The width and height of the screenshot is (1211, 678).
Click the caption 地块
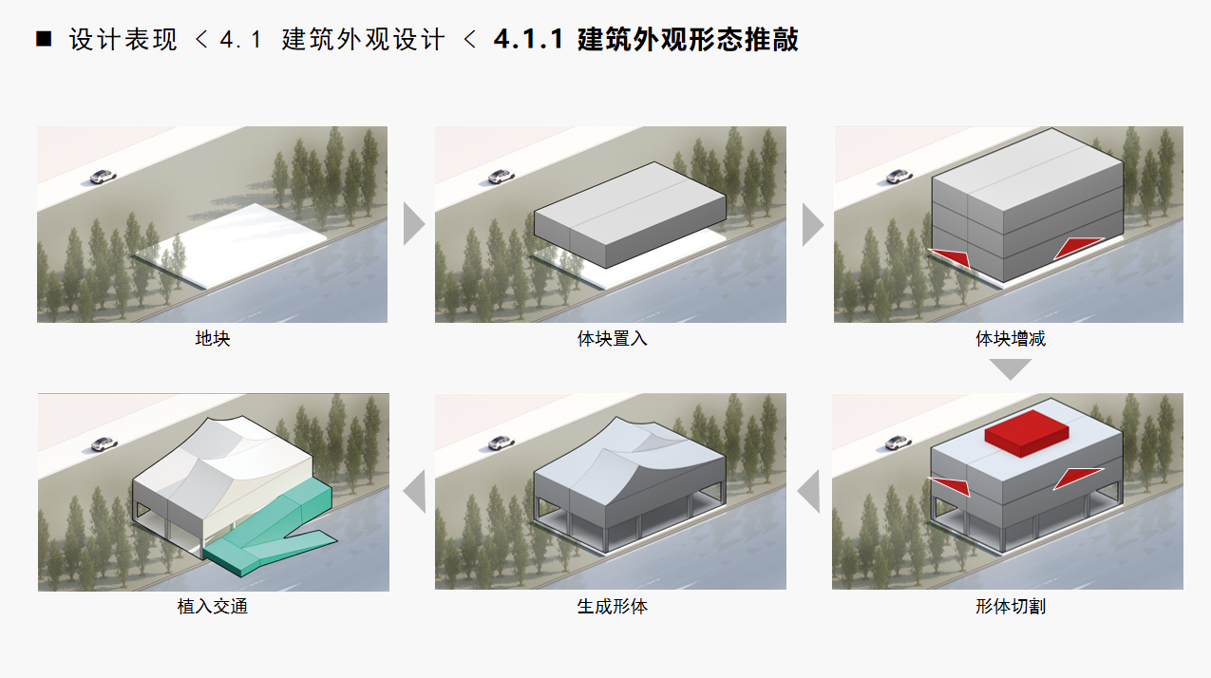click(x=212, y=338)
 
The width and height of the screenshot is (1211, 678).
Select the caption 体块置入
click(x=612, y=338)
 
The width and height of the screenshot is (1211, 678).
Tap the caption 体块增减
click(x=1010, y=338)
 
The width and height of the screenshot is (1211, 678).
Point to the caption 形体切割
click(x=1010, y=606)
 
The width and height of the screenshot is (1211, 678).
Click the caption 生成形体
click(x=612, y=606)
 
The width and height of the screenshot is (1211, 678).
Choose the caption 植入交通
click(x=212, y=606)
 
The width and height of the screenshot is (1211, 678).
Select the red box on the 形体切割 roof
click(x=1027, y=431)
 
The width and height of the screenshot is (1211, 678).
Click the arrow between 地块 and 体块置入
click(x=413, y=224)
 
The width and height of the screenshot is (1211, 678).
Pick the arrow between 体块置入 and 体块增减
click(x=812, y=224)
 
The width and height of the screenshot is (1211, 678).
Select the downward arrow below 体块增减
click(x=1010, y=368)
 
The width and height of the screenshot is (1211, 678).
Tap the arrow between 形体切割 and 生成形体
click(x=809, y=492)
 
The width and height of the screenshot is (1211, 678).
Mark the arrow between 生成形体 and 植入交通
click(x=414, y=492)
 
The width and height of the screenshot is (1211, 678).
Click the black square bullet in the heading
click(x=44, y=40)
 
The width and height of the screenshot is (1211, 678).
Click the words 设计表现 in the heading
click(x=123, y=40)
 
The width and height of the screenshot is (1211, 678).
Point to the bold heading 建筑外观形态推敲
click(x=688, y=40)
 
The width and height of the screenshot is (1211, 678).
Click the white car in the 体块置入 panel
click(x=501, y=177)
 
